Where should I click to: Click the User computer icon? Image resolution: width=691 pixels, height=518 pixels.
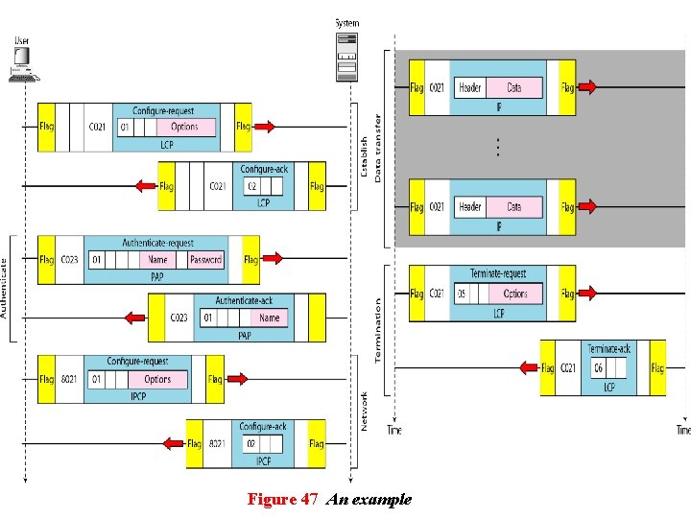(x=21, y=62)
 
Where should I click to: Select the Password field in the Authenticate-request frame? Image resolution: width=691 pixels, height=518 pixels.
(x=205, y=259)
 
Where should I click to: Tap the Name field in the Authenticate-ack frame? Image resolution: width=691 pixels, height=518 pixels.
(x=270, y=318)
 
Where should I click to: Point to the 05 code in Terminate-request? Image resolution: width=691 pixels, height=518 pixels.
(x=462, y=294)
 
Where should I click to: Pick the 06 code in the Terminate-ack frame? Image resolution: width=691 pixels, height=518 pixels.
(x=597, y=367)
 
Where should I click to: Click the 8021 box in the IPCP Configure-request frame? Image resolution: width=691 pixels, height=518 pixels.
(x=70, y=379)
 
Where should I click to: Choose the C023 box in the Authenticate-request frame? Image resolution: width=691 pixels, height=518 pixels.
(x=70, y=259)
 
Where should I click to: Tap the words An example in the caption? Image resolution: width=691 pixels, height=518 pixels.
(x=369, y=499)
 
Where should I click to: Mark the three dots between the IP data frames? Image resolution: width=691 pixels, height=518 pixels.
(x=497, y=147)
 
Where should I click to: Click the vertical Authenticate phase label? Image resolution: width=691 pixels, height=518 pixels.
(x=5, y=288)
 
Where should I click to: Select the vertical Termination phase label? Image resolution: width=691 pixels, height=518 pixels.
(x=377, y=329)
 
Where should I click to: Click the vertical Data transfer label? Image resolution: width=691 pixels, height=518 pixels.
(x=377, y=149)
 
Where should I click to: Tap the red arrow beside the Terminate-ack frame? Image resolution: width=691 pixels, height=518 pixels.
(x=527, y=367)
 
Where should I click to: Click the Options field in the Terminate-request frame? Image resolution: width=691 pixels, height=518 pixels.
(x=515, y=294)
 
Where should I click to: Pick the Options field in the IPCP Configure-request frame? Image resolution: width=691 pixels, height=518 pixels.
(x=157, y=379)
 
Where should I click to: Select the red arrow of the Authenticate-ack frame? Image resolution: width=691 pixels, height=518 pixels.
(x=134, y=318)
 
